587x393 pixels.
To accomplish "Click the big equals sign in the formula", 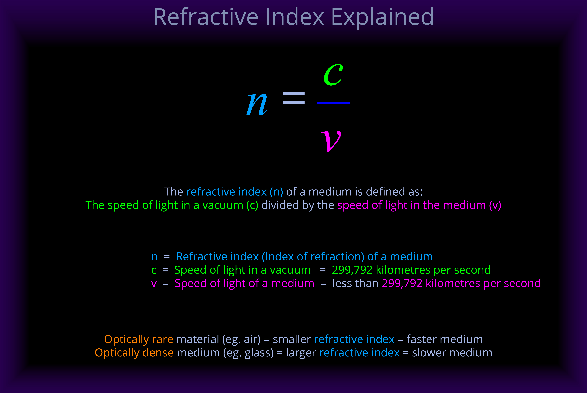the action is click(294, 98).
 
